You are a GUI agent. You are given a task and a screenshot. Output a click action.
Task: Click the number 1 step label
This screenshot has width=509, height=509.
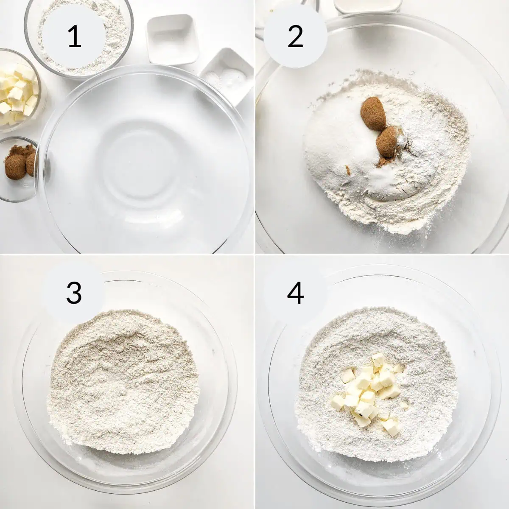click(74, 37)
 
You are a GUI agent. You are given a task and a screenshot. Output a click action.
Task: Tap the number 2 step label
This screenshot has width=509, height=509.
click(295, 37)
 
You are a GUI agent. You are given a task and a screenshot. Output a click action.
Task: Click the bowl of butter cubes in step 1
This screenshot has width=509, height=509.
click(19, 90)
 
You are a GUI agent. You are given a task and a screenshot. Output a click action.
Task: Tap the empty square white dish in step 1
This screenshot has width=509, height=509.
click(173, 39)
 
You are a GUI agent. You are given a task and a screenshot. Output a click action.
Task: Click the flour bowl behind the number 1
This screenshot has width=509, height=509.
click(79, 37)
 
